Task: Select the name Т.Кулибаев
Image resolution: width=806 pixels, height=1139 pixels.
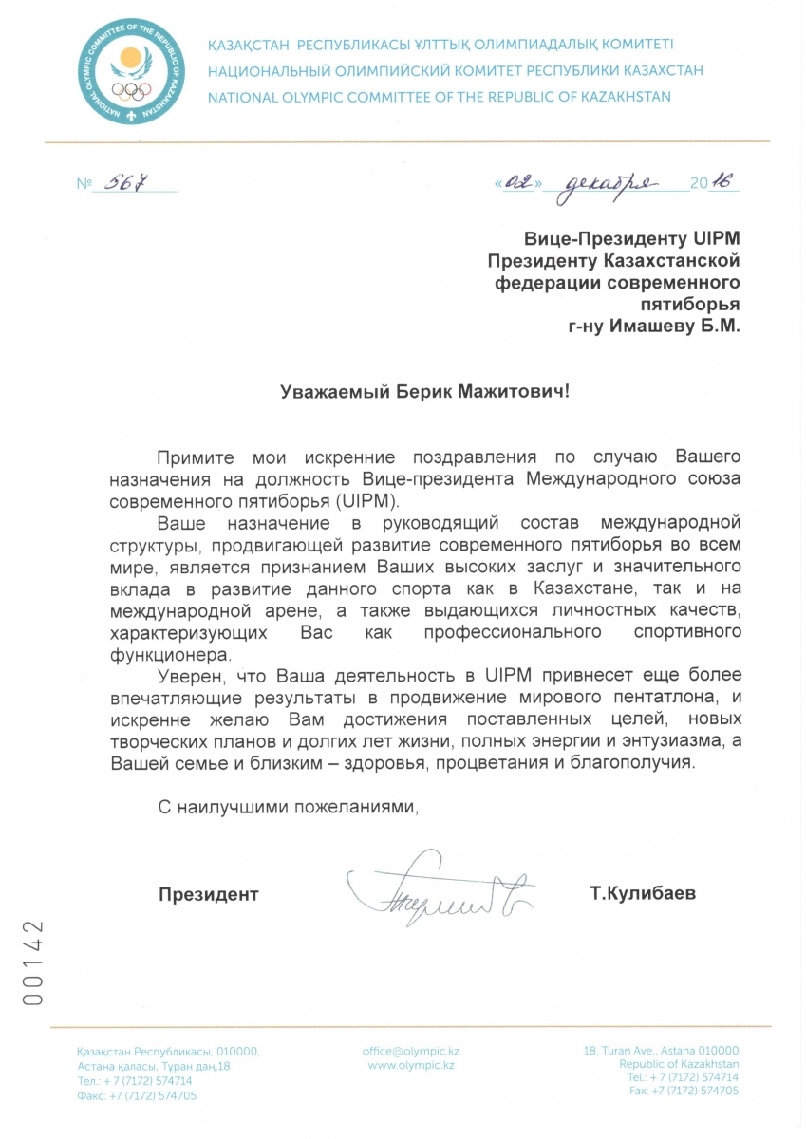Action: click(x=642, y=893)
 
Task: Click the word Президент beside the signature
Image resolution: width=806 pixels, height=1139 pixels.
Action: click(x=208, y=893)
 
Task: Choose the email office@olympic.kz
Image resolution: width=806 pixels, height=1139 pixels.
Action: click(x=411, y=1052)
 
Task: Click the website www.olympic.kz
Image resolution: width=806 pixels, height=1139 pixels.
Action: click(x=411, y=1066)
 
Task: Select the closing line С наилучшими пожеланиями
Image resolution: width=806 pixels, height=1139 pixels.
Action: click(x=287, y=808)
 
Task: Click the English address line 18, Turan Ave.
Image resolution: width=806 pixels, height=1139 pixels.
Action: click(x=661, y=1052)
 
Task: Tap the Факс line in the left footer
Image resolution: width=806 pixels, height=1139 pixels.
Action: click(x=137, y=1094)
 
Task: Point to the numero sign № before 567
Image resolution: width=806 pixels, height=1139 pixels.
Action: click(x=84, y=183)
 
